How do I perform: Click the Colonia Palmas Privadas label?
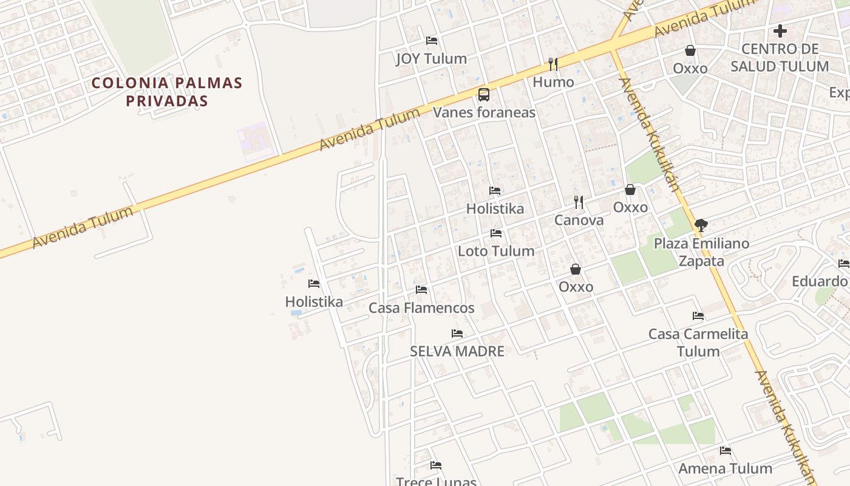[167, 92]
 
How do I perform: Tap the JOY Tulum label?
[431, 59]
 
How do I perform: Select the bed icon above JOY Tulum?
[432, 41]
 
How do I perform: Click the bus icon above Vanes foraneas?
[483, 95]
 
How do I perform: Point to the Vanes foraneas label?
[484, 112]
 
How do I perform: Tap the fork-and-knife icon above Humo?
[552, 64]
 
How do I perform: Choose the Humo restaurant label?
[553, 82]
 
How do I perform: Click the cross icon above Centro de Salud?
[780, 31]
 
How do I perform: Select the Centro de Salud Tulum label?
[780, 58]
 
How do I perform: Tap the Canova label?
[579, 220]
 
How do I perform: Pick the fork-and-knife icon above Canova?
[579, 202]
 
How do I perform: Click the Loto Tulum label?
[496, 251]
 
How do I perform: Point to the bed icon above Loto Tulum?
[496, 233]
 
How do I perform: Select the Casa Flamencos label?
[421, 308]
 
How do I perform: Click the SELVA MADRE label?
[457, 351]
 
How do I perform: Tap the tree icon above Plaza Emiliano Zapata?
[701, 225]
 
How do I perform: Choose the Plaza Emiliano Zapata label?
[701, 252]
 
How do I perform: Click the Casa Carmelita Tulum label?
[698, 343]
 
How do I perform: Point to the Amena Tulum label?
[725, 468]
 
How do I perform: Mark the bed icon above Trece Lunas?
[436, 465]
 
